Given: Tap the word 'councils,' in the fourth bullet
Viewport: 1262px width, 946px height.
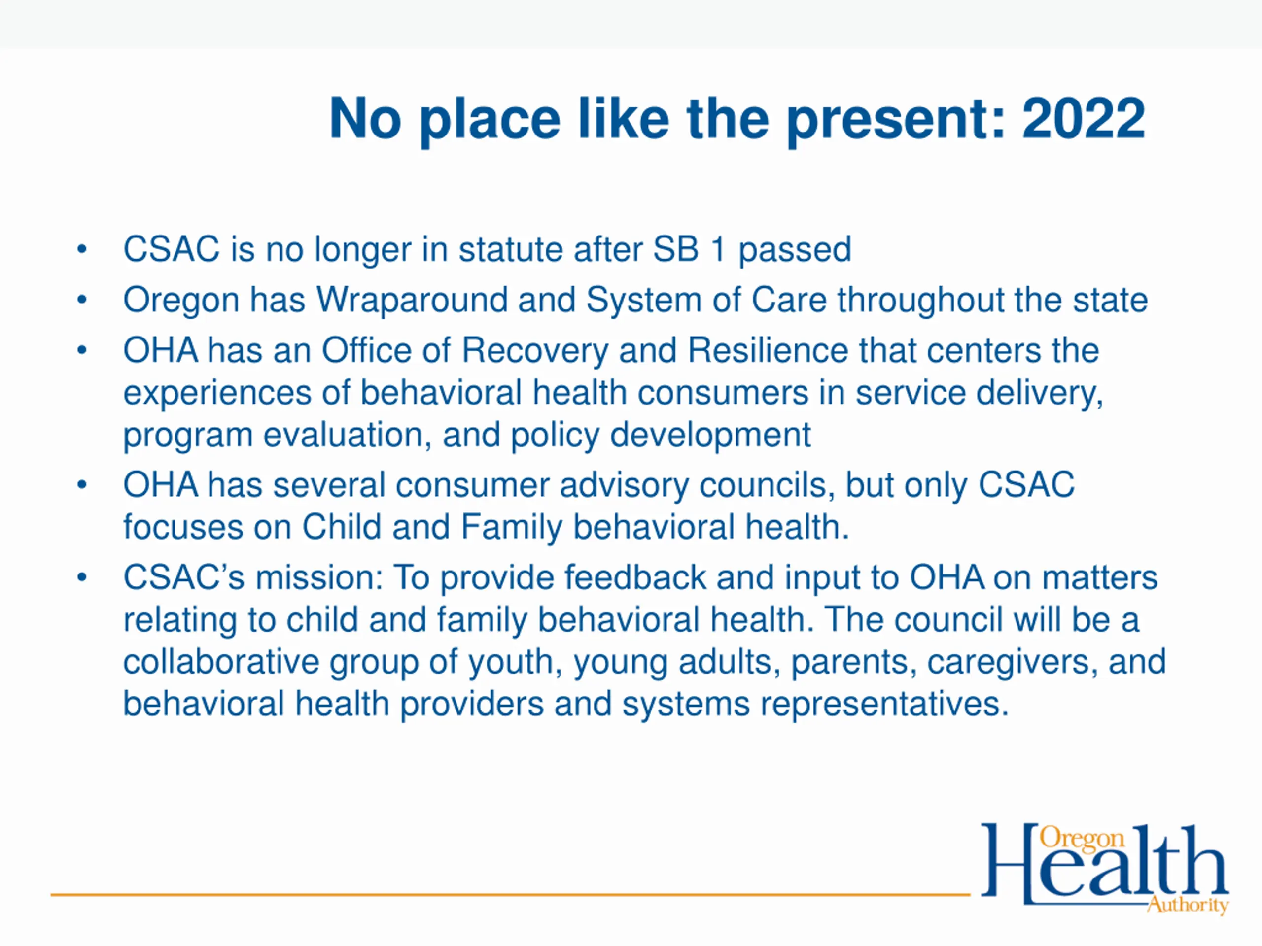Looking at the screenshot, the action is coord(768,485).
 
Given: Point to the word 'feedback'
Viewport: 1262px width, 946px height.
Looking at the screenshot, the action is coord(635,577).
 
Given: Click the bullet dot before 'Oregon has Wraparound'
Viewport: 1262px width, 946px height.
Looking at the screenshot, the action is coord(82,300).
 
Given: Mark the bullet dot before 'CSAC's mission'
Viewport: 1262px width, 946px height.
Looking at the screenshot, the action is coord(82,577).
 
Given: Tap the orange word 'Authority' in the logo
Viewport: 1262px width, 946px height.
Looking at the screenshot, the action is coord(1188,905).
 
